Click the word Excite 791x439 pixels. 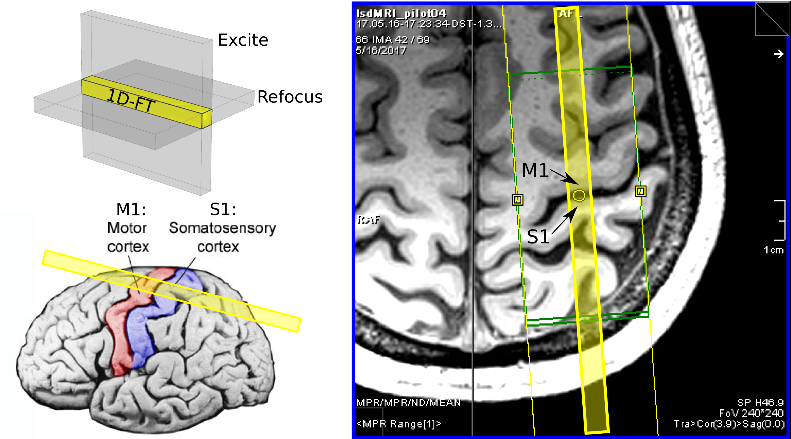tap(243, 40)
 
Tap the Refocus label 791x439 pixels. tap(289, 97)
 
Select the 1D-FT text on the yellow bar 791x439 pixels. tap(131, 100)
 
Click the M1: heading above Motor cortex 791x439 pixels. tap(131, 210)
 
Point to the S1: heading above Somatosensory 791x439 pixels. tap(223, 210)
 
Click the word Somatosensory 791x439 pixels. tap(222, 228)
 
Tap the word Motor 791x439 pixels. tap(127, 228)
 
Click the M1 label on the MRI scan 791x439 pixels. tap(535, 170)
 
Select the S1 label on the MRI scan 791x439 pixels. tap(538, 237)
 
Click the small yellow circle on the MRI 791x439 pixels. tap(579, 195)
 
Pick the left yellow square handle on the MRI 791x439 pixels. tap(517, 200)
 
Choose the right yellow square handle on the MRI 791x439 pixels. tap(640, 191)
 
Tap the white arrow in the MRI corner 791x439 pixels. tap(778, 54)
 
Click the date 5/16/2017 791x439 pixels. tap(381, 50)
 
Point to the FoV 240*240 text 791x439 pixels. tap(751, 413)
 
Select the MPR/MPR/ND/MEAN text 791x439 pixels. tap(408, 402)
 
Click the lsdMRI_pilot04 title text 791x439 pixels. tap(401, 13)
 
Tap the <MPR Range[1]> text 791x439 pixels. tap(399, 424)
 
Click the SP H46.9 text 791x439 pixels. tap(760, 402)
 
